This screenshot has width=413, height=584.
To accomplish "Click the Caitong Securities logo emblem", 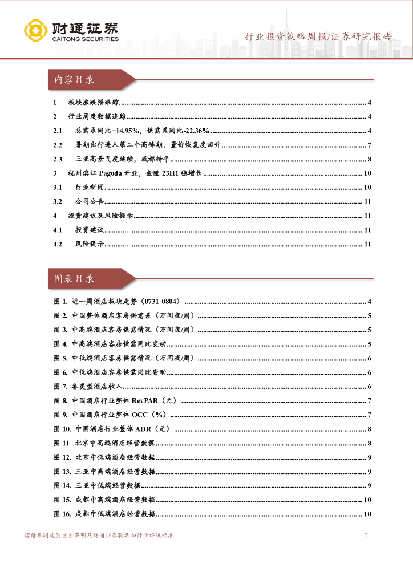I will (x=35, y=32).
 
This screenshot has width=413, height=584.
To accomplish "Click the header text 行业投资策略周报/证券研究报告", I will (x=318, y=37).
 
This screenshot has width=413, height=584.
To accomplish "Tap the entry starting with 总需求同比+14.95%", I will (x=142, y=131).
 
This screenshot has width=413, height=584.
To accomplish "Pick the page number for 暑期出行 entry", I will (x=370, y=145).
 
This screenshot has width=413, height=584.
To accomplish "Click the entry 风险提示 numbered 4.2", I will (x=90, y=245).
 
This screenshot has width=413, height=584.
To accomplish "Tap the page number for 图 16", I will (x=368, y=514).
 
